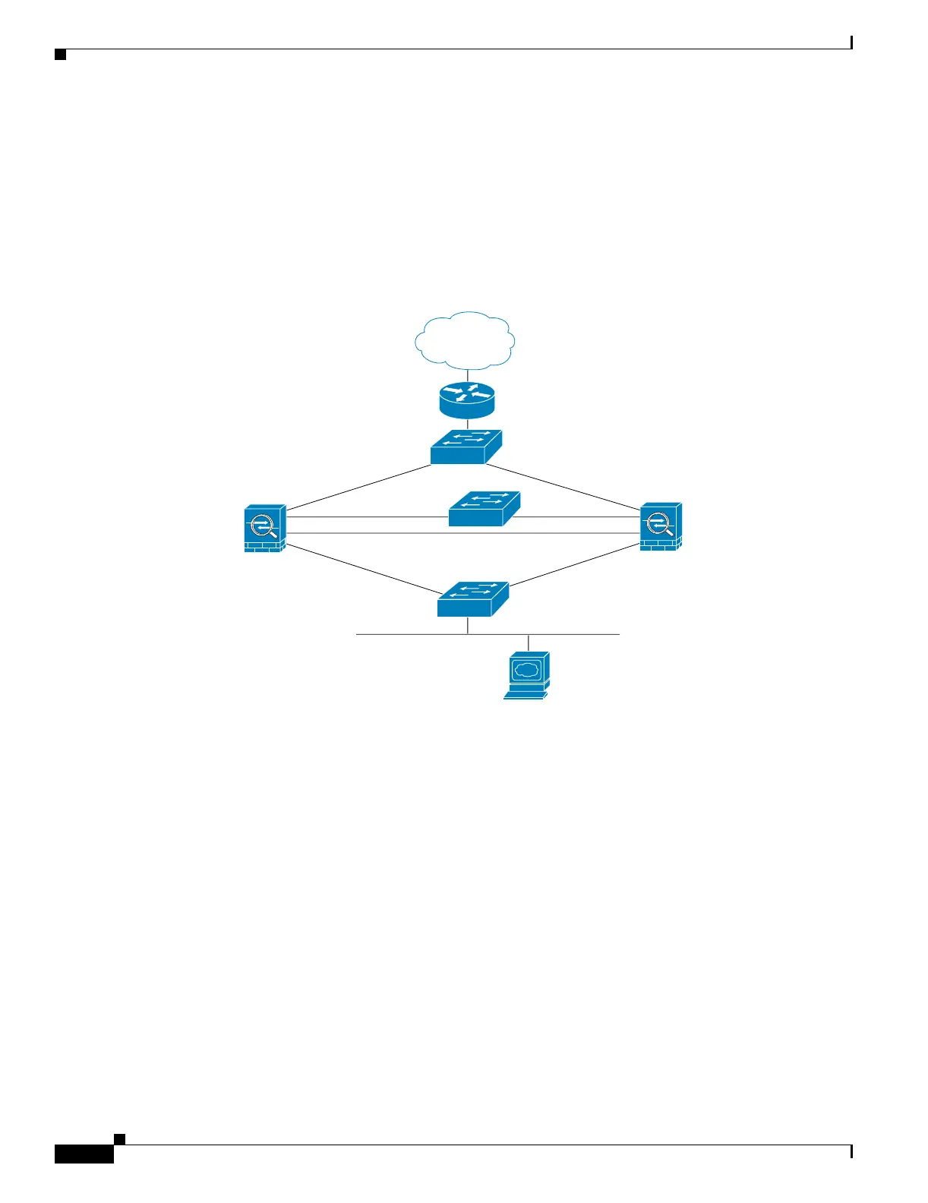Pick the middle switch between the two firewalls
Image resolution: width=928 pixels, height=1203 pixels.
pyautogui.click(x=484, y=509)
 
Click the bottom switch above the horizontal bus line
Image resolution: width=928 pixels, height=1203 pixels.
pyautogui.click(x=472, y=599)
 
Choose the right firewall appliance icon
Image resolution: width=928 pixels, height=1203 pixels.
pyautogui.click(x=661, y=526)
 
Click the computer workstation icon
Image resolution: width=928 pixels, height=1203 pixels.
pyautogui.click(x=526, y=675)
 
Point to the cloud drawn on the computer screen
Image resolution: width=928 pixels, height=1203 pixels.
pyautogui.click(x=526, y=670)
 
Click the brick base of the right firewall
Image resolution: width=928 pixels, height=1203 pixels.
pyautogui.click(x=659, y=545)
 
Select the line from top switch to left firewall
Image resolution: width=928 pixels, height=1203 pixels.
pyautogui.click(x=358, y=488)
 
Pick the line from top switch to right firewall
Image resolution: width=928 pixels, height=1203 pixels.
pyautogui.click(x=570, y=488)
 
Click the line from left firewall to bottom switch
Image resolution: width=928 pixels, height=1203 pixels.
pyautogui.click(x=361, y=569)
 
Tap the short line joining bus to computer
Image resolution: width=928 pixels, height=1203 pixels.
pyautogui.click(x=529, y=643)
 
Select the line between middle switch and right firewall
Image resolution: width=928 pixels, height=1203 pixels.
pyautogui.click(x=577, y=517)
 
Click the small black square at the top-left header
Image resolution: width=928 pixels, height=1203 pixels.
pyautogui.click(x=61, y=55)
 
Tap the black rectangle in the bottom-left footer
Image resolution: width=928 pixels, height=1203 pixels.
pyautogui.click(x=84, y=1153)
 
